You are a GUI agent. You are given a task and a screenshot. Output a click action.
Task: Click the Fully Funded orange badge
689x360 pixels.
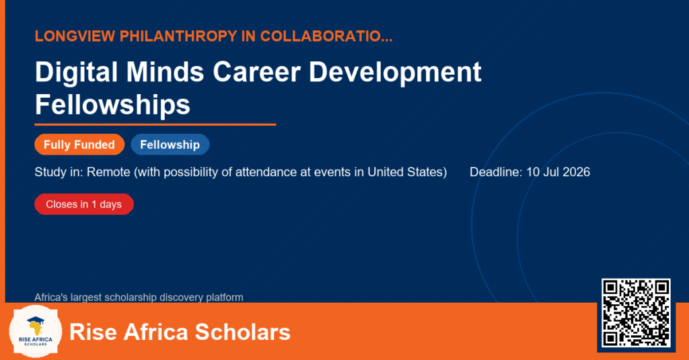click(79, 145)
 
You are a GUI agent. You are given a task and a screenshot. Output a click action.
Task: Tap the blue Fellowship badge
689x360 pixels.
click(170, 145)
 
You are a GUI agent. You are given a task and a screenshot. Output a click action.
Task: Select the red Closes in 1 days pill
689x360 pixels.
click(84, 205)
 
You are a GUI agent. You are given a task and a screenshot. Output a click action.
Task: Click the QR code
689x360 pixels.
click(636, 313)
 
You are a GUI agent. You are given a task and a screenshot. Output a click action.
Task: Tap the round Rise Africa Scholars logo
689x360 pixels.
click(36, 332)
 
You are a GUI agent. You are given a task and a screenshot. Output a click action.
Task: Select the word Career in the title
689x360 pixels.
click(256, 72)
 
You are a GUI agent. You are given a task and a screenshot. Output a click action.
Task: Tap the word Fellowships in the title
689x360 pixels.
click(112, 105)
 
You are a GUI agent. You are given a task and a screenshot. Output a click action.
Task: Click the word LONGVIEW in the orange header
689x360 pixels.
click(75, 36)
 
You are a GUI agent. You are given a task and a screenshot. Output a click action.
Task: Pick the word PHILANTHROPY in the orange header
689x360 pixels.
click(178, 36)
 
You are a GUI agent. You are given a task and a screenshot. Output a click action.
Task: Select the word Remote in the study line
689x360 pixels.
click(108, 172)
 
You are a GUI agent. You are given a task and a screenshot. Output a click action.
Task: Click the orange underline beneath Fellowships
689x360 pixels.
click(155, 125)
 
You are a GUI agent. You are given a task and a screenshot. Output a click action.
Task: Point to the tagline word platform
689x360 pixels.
click(225, 297)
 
